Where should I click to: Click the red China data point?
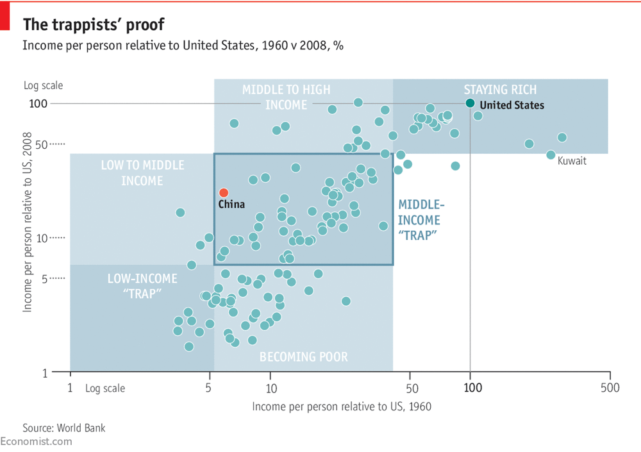coord(223,192)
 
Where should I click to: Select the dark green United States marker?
coord(470,103)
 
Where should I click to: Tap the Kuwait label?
coord(572,161)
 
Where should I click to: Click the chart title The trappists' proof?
coord(94,25)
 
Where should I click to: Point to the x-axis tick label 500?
coord(610,388)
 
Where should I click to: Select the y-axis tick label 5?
coord(44,278)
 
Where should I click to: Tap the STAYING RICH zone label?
coord(500,90)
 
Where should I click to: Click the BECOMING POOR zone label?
coord(303,357)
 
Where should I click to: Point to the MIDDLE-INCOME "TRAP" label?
coord(421,220)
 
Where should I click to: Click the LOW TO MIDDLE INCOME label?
coord(142,173)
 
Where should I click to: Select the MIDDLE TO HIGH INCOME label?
coord(286,97)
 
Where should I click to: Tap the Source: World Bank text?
coord(64,428)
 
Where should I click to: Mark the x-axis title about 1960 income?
coord(341,406)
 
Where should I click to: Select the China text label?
coord(231,205)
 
